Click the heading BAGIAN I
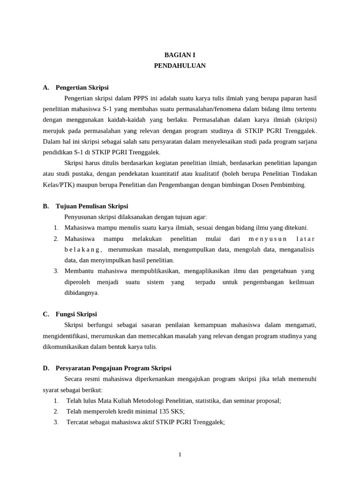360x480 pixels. (180, 55)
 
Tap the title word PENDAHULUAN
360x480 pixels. (180, 66)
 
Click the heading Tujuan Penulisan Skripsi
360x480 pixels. (91, 206)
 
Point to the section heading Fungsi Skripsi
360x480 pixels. (76, 314)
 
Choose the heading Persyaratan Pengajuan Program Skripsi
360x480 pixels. (113, 368)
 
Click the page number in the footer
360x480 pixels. (180, 454)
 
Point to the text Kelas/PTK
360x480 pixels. (58, 184)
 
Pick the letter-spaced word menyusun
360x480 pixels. (267, 239)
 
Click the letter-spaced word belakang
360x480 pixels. (83, 249)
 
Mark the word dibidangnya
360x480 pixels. (82, 292)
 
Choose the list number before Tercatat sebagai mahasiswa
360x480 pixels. (56, 422)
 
